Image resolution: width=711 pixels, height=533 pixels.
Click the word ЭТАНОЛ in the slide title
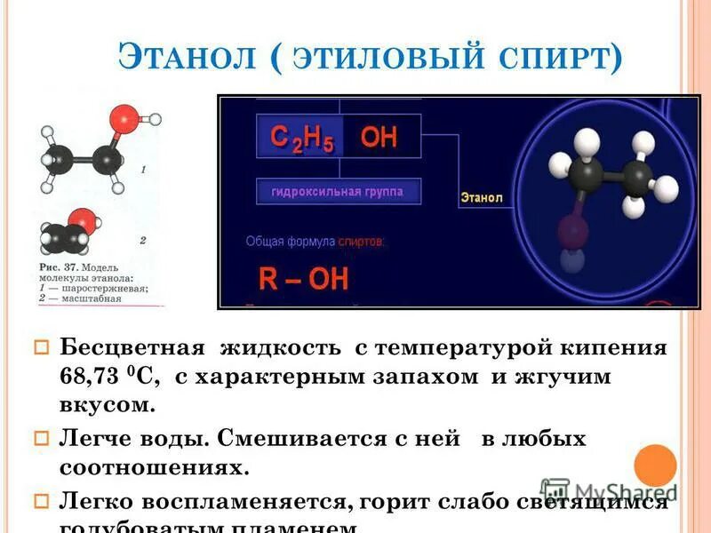[186, 60]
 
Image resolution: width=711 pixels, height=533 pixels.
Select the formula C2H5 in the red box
[301, 138]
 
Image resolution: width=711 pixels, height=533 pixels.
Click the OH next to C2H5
[379, 138]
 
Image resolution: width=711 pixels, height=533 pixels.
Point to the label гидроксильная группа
[339, 191]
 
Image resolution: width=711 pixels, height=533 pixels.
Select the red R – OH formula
[303, 279]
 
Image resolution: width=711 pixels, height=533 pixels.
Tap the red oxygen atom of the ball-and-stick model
[124, 118]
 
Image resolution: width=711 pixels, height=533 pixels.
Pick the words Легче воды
[133, 439]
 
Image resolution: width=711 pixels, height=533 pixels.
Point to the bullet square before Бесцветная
[40, 347]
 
